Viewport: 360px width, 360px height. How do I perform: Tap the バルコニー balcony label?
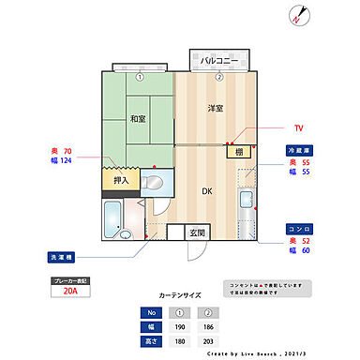[218, 60]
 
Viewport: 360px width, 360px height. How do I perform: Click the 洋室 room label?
[215, 109]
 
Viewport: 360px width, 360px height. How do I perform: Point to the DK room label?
[207, 191]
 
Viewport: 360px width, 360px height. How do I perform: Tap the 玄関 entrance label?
[199, 232]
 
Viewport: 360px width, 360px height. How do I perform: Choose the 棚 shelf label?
[240, 152]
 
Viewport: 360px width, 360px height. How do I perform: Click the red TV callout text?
[298, 127]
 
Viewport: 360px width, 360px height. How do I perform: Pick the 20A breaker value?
[71, 291]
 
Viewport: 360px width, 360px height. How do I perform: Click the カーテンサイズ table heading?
[180, 294]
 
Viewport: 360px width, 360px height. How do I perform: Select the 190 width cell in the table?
[178, 326]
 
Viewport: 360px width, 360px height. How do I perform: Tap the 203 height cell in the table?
[208, 340]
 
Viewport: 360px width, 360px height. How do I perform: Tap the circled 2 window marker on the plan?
[218, 77]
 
